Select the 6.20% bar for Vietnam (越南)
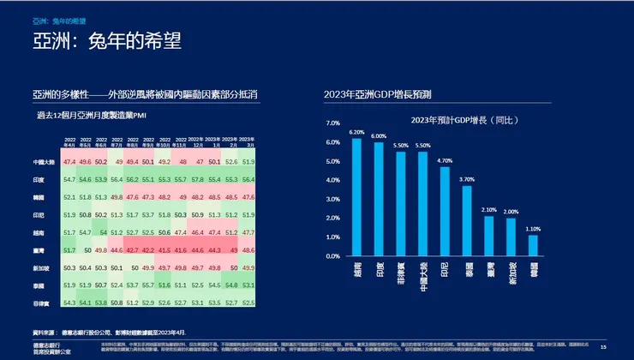click(356, 197)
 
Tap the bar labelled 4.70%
click(445, 211)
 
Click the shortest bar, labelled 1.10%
click(533, 245)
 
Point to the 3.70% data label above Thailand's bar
click(467, 179)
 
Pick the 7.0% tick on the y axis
click(333, 123)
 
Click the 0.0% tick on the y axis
click(333, 255)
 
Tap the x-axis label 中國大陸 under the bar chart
click(422, 273)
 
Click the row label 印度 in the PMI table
click(51, 180)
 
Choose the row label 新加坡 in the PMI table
click(49, 268)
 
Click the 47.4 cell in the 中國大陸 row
click(70, 162)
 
